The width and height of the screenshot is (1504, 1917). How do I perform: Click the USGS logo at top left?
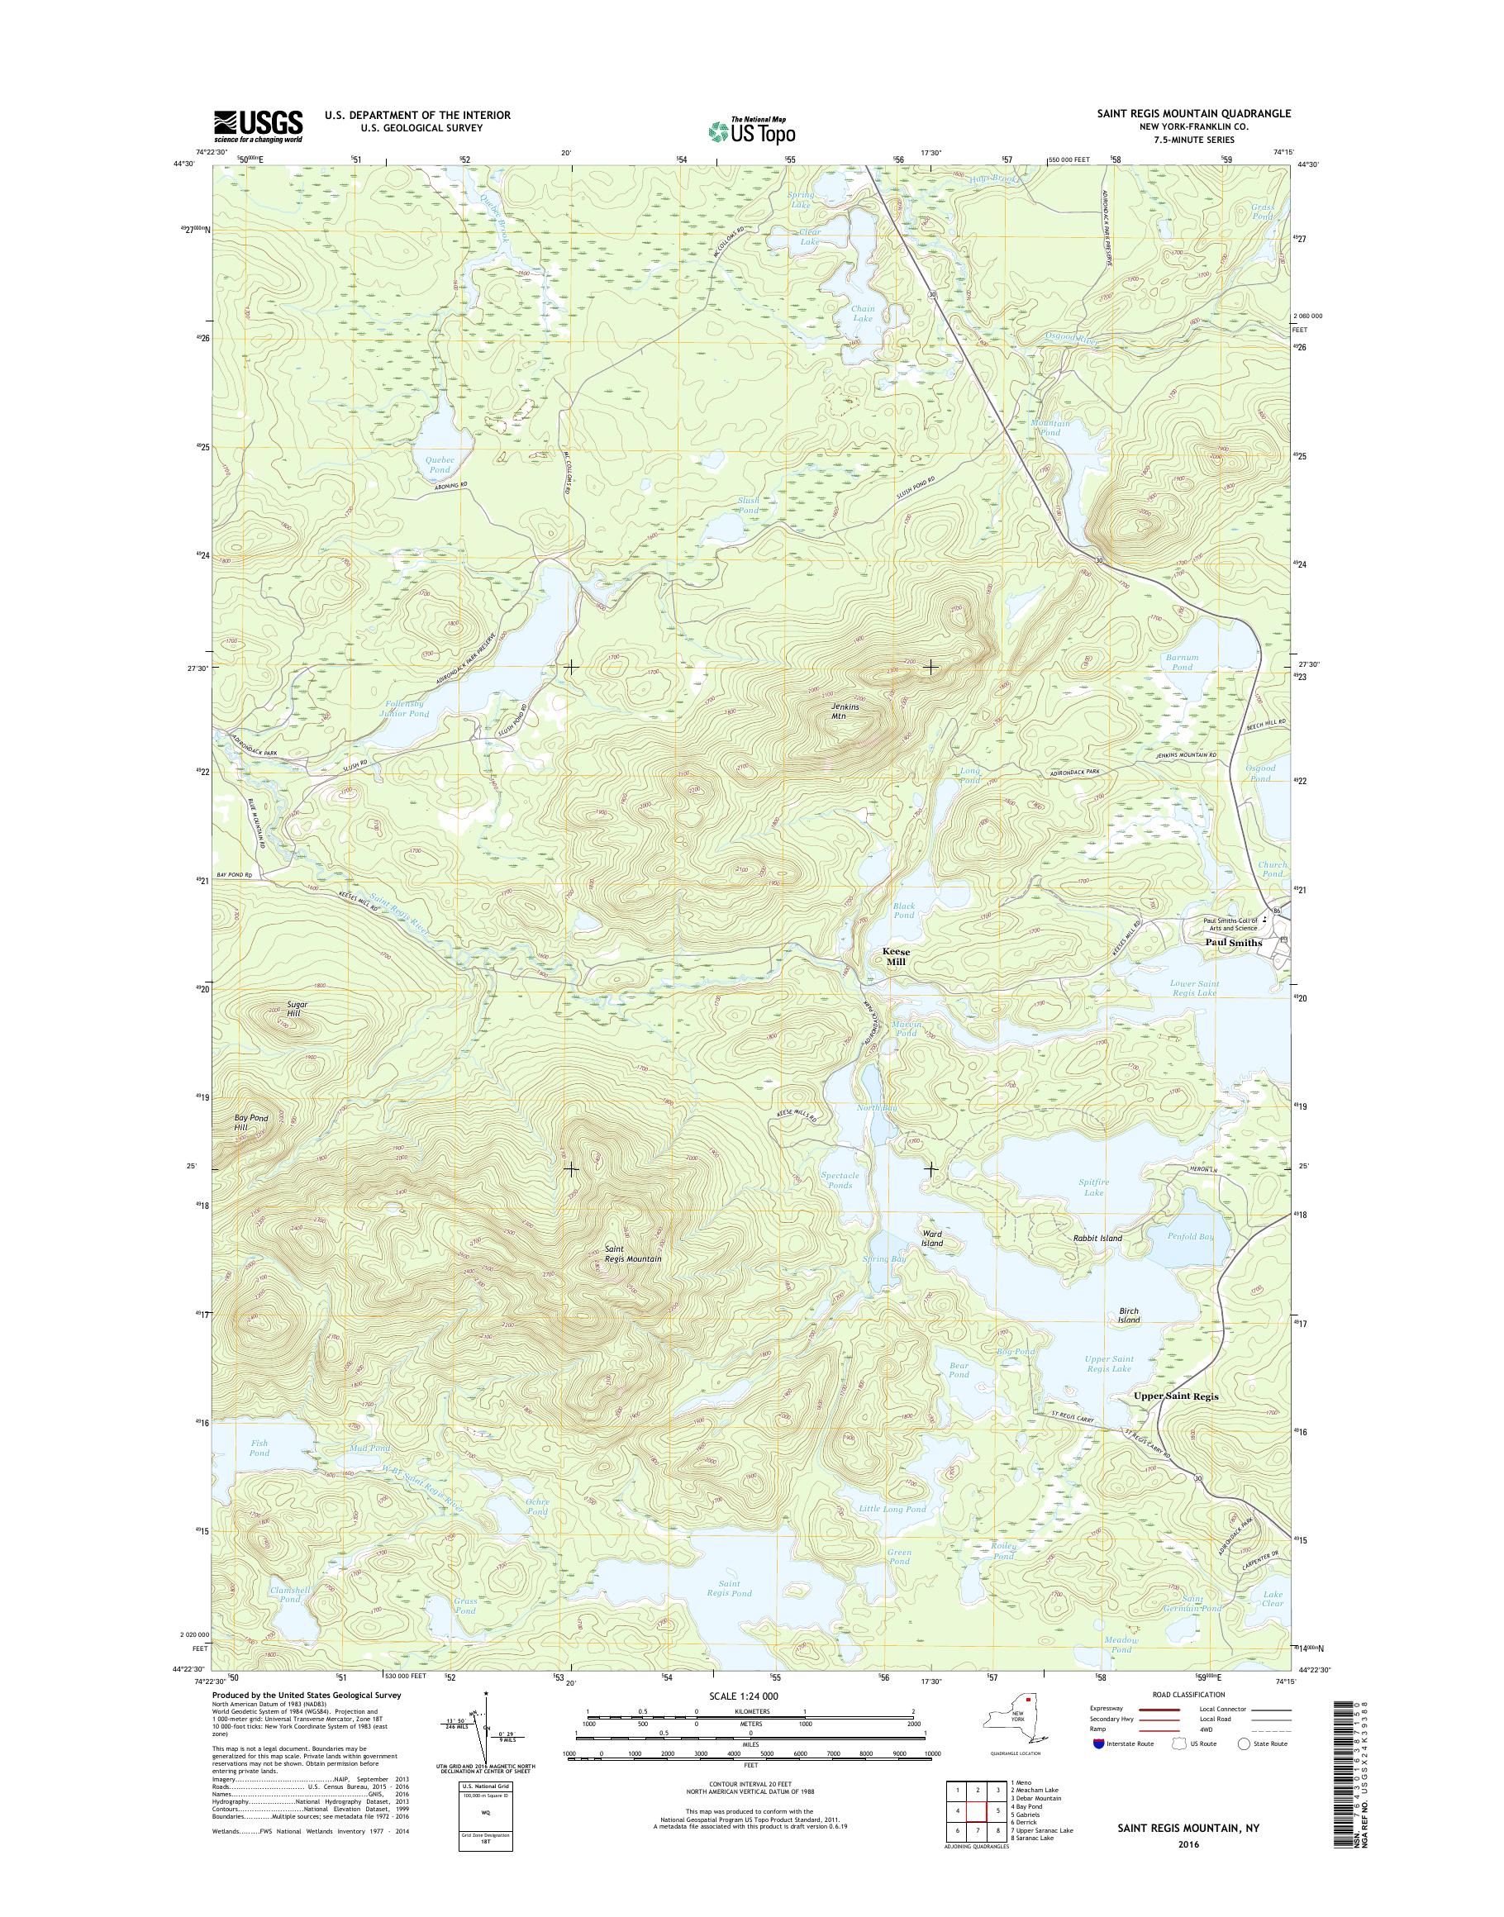257,126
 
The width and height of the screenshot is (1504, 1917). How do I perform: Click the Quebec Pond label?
439,465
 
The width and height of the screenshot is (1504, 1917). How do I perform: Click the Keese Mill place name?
896,958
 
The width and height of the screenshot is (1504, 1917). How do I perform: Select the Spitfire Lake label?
1092,1187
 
